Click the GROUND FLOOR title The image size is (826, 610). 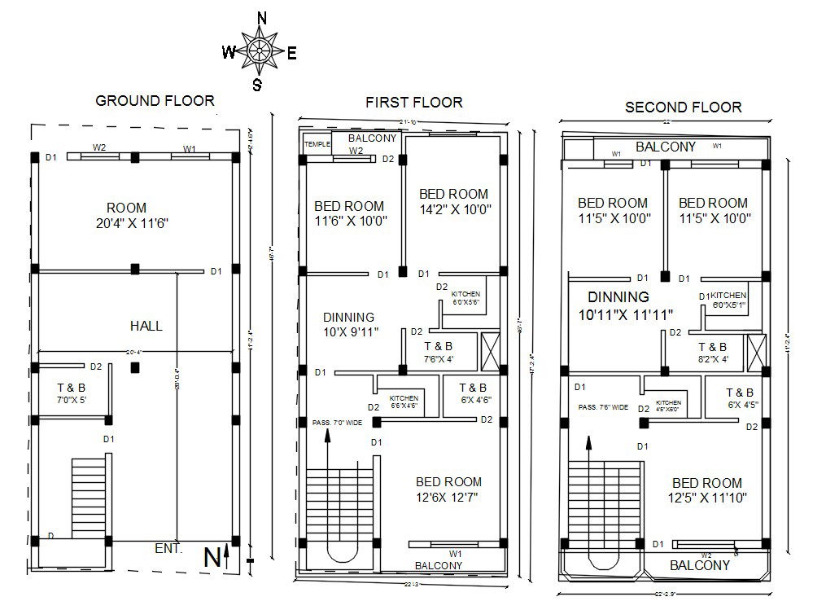155,101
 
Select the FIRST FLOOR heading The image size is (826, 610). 413,102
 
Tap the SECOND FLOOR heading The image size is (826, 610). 683,107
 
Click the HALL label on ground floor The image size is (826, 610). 146,326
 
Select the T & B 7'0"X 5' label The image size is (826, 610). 71,394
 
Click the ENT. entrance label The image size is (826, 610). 168,549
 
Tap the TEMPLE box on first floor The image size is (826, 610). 317,144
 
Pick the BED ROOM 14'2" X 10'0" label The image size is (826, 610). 453,201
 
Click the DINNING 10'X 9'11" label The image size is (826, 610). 349,323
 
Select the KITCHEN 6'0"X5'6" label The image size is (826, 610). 466,297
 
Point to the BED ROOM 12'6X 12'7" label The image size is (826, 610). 448,489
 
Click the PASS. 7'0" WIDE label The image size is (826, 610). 336,423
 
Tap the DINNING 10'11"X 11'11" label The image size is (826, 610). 619,305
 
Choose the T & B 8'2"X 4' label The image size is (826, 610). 712,353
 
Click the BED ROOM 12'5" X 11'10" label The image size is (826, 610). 707,490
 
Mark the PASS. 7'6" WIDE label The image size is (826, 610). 603,407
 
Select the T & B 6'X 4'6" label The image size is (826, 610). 473,393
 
